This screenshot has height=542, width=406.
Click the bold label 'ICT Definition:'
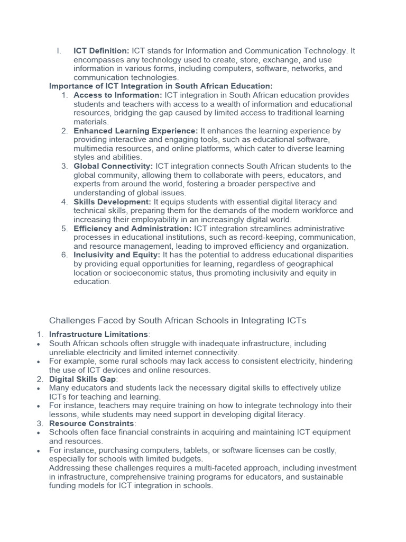click(x=101, y=51)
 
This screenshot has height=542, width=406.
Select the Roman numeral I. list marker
click(x=59, y=51)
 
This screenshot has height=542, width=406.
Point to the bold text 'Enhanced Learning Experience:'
click(x=136, y=131)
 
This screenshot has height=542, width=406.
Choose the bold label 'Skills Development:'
click(x=113, y=202)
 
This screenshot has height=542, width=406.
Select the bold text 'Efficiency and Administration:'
click(x=133, y=229)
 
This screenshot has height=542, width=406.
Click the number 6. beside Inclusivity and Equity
click(x=64, y=255)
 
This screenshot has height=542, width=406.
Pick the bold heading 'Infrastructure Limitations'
click(x=98, y=335)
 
